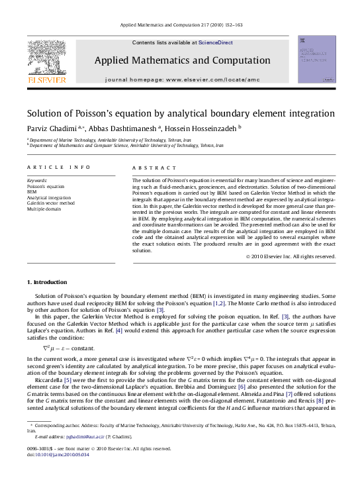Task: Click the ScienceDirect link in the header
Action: click(x=217, y=42)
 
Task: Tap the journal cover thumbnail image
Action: click(x=316, y=60)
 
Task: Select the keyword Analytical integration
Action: click(x=48, y=198)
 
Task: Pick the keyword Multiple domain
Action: click(x=44, y=210)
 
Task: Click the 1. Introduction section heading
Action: click(x=48, y=282)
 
